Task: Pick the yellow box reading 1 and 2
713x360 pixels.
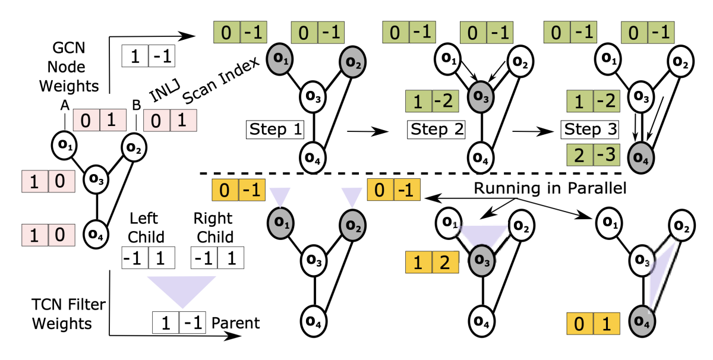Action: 432,263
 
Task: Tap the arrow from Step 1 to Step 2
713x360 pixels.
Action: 364,128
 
